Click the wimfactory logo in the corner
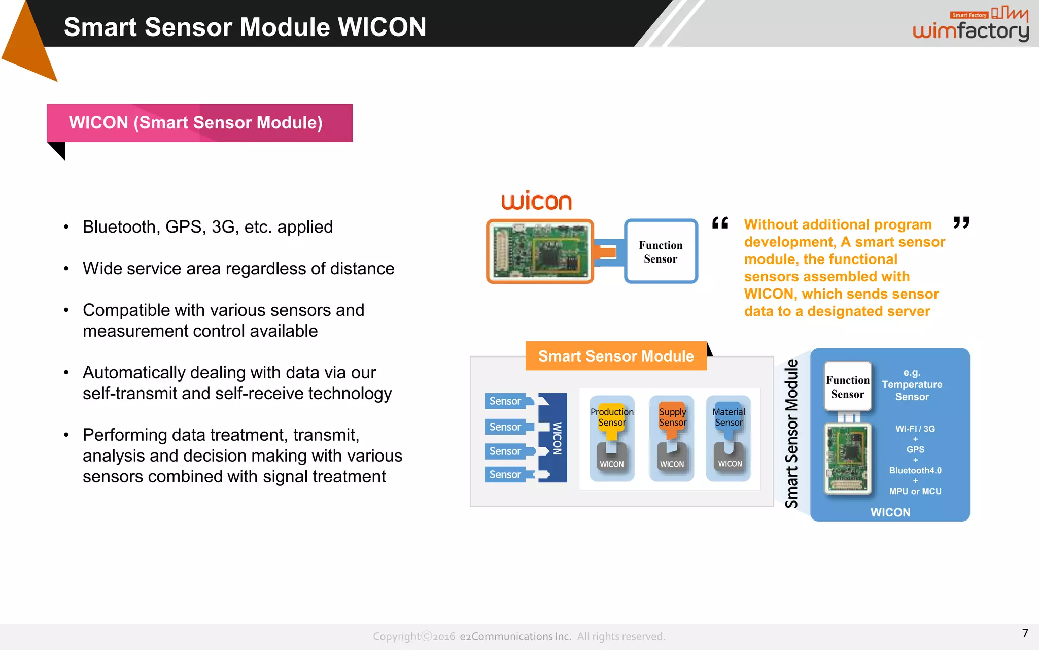pyautogui.click(x=970, y=25)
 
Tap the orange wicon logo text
pyautogui.click(x=536, y=201)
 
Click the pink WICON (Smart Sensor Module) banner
pyautogui.click(x=199, y=123)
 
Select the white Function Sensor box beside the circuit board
pyautogui.click(x=661, y=251)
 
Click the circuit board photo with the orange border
pyautogui.click(x=540, y=251)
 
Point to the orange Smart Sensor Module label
pyautogui.click(x=615, y=356)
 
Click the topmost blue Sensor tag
pyautogui.click(x=505, y=401)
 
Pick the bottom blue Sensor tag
pyautogui.click(x=505, y=474)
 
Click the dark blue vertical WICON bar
pyautogui.click(x=557, y=438)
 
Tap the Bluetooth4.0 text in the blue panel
pyautogui.click(x=915, y=470)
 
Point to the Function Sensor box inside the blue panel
pyautogui.click(x=847, y=387)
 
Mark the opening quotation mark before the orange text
pyautogui.click(x=720, y=223)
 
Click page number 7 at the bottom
pyautogui.click(x=1025, y=633)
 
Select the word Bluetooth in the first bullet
pyautogui.click(x=120, y=227)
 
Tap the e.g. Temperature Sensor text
pyautogui.click(x=912, y=385)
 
